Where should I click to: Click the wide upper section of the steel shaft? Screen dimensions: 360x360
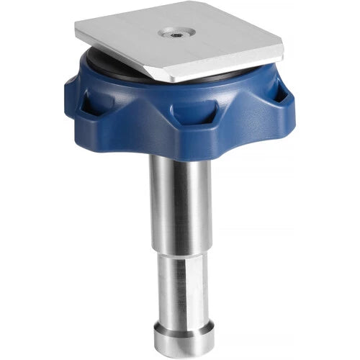coord(180,202)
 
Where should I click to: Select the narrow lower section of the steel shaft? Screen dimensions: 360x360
coord(180,288)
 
